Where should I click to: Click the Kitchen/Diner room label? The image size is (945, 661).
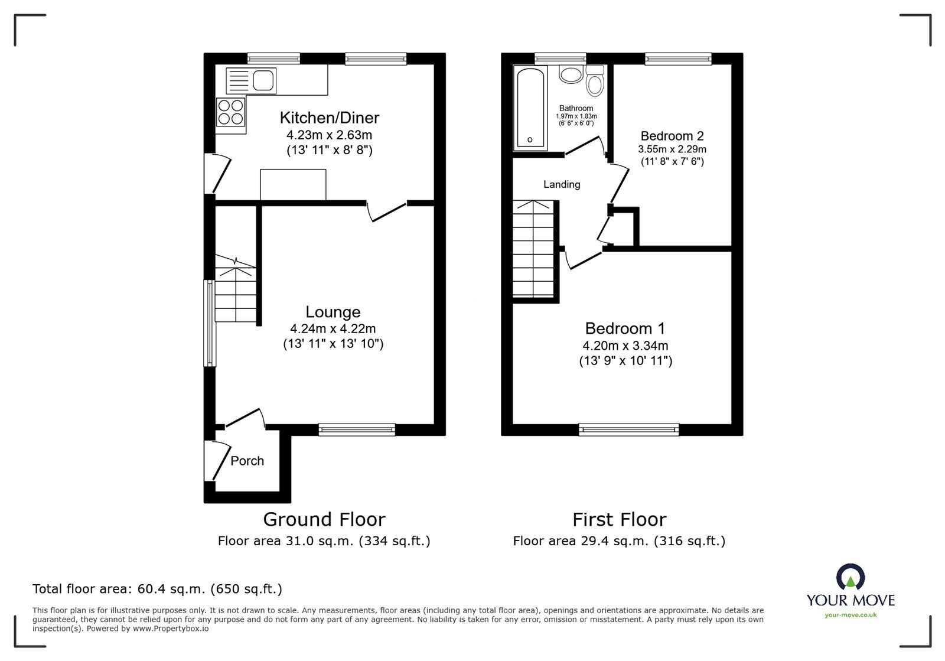[x=329, y=118]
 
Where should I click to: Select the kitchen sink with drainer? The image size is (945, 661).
[x=252, y=80]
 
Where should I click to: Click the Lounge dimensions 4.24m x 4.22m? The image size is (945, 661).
[x=333, y=329]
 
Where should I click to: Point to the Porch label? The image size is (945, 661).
[x=247, y=461]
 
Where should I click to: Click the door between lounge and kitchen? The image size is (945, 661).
[x=387, y=211]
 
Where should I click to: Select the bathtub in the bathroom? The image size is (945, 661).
[x=530, y=108]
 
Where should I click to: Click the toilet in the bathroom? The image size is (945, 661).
[x=595, y=81]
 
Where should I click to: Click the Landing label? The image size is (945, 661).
[x=562, y=184]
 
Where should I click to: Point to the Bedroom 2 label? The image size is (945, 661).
[x=672, y=136]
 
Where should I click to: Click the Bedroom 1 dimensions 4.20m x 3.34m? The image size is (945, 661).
[x=625, y=346]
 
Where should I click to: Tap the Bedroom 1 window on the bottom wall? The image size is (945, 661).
[x=628, y=430]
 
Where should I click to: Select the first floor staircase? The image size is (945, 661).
[x=533, y=248]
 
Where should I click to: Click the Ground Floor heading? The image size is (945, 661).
[x=324, y=519]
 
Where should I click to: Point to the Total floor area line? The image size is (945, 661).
[x=157, y=589]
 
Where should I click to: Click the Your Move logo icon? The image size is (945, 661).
[x=850, y=577]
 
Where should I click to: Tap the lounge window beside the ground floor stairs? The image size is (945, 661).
[x=208, y=323]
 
